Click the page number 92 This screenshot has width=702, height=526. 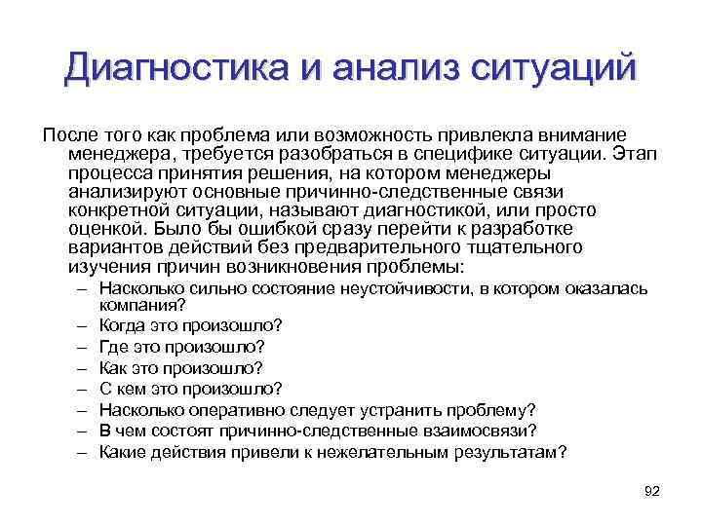(x=652, y=490)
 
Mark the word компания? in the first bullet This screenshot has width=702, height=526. (x=139, y=304)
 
